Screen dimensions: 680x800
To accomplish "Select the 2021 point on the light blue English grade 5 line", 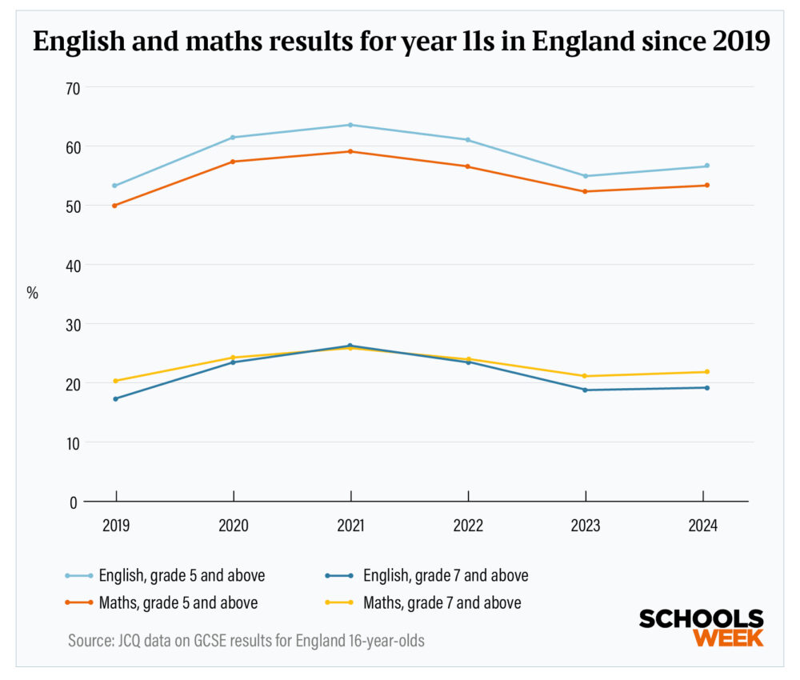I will pos(350,125).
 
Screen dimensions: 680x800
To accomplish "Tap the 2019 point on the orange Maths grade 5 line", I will pos(115,206).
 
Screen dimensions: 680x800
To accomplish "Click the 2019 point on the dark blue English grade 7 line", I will pos(115,398).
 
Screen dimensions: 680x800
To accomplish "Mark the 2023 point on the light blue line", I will pos(585,176).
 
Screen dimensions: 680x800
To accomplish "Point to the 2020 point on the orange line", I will pos(233,162).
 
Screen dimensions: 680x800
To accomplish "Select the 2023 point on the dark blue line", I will pos(585,390).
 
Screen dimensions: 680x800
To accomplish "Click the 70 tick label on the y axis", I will pos(73,87).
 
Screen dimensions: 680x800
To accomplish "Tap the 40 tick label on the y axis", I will pos(73,265).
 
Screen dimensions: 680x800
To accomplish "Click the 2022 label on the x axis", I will pos(468,526).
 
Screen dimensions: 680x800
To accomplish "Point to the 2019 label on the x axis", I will pos(115,526).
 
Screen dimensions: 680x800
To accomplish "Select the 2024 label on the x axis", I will pos(702,526).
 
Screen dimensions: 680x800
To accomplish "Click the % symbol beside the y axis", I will pos(33,293).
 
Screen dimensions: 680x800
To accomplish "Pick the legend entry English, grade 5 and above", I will pos(181,575).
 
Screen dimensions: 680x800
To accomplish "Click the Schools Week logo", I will pos(701,627).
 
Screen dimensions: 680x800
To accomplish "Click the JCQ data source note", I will pos(246,641).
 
